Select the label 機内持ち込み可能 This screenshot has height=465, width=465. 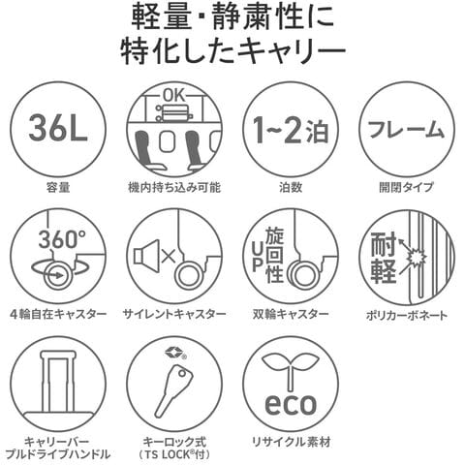click(x=174, y=187)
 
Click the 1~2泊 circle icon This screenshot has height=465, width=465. click(x=289, y=128)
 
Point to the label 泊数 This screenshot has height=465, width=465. click(x=290, y=187)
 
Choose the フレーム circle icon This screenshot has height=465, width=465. click(x=407, y=128)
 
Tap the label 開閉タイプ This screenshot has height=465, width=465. click(x=407, y=187)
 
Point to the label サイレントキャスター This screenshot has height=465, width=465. click(x=174, y=315)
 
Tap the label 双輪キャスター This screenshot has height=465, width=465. click(x=291, y=315)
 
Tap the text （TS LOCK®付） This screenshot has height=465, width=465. click(x=174, y=454)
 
